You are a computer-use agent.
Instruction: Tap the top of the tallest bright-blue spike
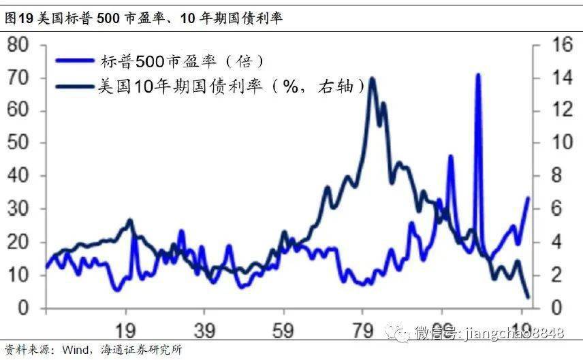point(478,74)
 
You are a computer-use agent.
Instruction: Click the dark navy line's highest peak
point(372,78)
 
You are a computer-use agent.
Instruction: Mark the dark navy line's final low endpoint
point(528,296)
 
